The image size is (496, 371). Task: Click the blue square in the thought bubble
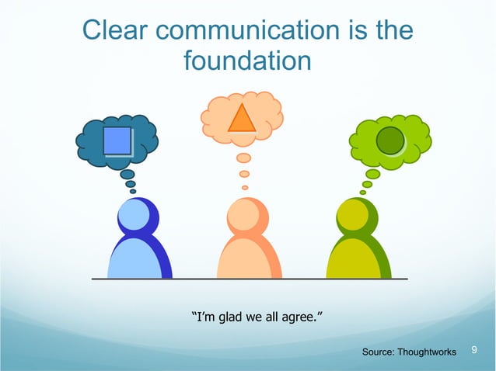pos(117,140)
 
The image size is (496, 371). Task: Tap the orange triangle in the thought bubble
pos(242,118)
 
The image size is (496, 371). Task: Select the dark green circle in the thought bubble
pos(389,140)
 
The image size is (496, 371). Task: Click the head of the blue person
pos(134,215)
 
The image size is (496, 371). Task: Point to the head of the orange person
pos(245,216)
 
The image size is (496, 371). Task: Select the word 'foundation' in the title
pos(247,60)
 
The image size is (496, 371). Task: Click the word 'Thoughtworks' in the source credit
pos(426,353)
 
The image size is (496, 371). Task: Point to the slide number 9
pos(476,352)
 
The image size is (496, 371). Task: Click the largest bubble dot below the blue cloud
pos(127,175)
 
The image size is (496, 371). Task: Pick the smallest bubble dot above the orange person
pos(245,187)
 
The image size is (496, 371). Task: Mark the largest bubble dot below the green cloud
pos(372,175)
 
